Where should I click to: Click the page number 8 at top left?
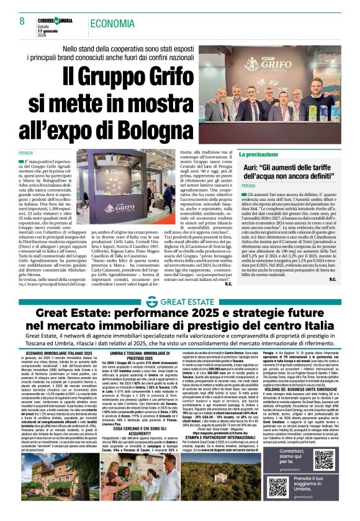click(x=22, y=22)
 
